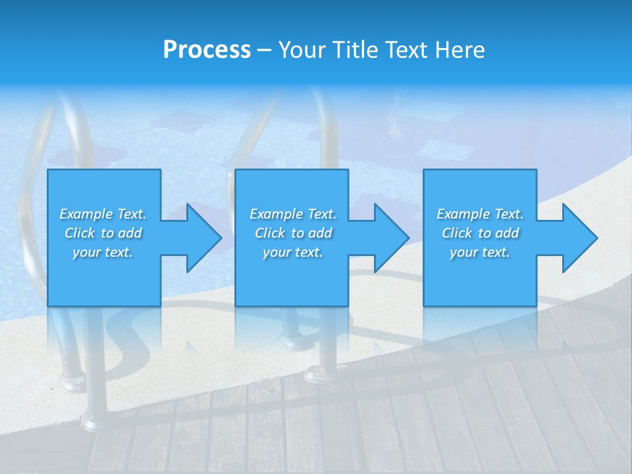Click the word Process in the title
point(207,50)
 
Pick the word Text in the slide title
point(405,50)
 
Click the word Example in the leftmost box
point(86,214)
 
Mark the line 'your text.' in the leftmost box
point(103,252)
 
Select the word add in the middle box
point(319,233)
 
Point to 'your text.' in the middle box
point(292,252)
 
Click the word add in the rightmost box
point(506,233)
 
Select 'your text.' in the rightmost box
point(479,252)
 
